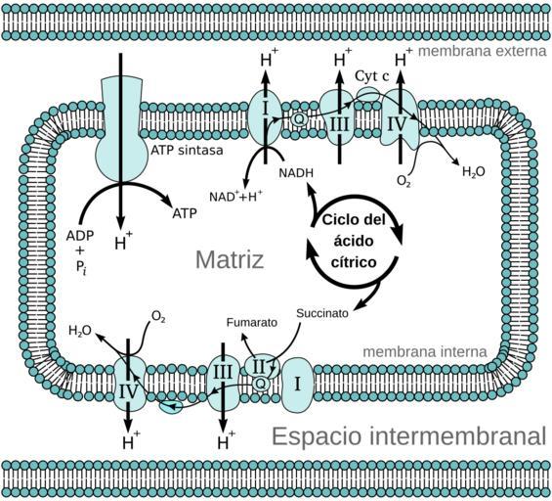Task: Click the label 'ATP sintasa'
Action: (x=187, y=150)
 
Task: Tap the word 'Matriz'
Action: (x=230, y=259)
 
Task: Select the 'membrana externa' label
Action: (x=483, y=51)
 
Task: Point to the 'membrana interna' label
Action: (x=425, y=351)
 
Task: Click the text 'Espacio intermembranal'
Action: (x=409, y=436)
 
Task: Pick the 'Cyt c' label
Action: (x=372, y=75)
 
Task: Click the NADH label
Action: (x=296, y=173)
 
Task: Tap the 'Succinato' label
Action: (x=322, y=313)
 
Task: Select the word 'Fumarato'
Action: (x=252, y=322)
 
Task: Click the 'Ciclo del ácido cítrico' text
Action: (x=354, y=241)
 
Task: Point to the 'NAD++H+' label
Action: (x=235, y=196)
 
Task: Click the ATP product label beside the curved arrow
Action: (x=185, y=213)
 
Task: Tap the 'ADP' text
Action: (x=80, y=236)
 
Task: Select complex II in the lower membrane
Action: (x=260, y=367)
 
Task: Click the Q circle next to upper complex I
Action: (x=299, y=119)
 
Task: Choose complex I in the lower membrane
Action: (x=297, y=385)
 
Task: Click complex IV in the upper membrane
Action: (x=400, y=120)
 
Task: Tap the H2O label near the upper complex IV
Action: (x=474, y=171)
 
